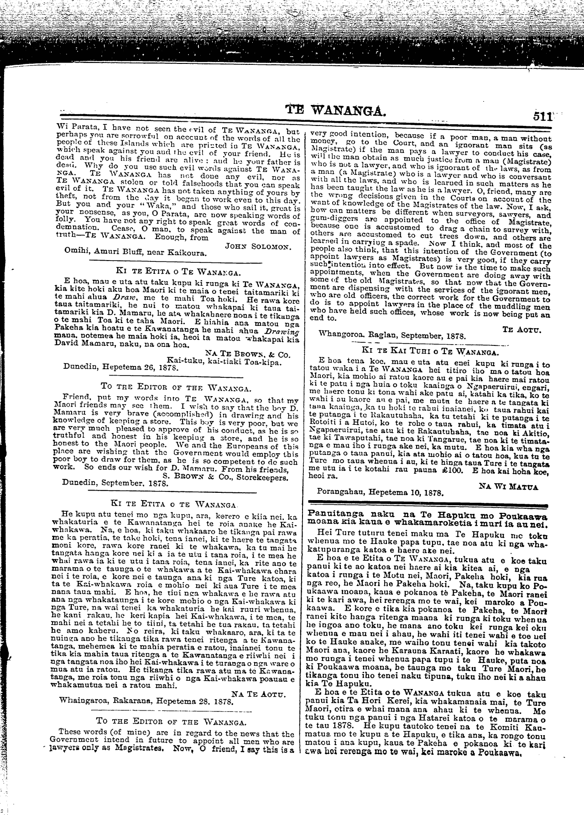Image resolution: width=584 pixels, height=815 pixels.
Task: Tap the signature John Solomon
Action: [258, 245]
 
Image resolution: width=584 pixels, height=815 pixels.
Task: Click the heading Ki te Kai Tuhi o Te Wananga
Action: [428, 351]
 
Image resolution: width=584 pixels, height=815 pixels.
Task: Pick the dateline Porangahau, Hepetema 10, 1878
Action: [380, 493]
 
